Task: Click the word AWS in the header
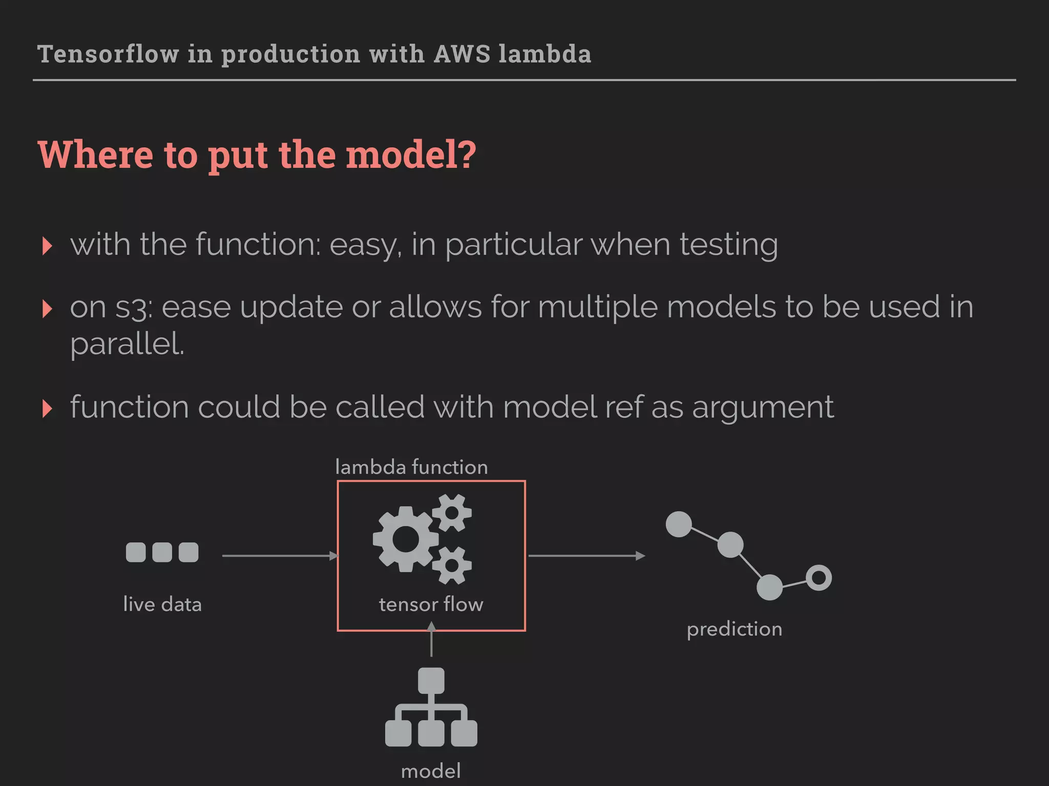click(462, 54)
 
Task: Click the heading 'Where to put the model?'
click(257, 155)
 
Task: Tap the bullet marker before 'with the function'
click(47, 246)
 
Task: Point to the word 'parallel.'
click(127, 344)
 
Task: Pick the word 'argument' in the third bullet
click(763, 407)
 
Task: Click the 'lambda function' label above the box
click(411, 467)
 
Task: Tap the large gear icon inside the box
click(406, 539)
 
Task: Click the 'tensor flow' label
click(431, 604)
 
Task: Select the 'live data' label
click(162, 604)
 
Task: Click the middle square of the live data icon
click(162, 553)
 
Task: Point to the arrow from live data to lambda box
click(279, 556)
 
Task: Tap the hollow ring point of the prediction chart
click(819, 578)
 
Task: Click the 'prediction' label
click(734, 629)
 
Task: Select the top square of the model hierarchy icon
click(431, 681)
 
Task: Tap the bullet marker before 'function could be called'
click(47, 408)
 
